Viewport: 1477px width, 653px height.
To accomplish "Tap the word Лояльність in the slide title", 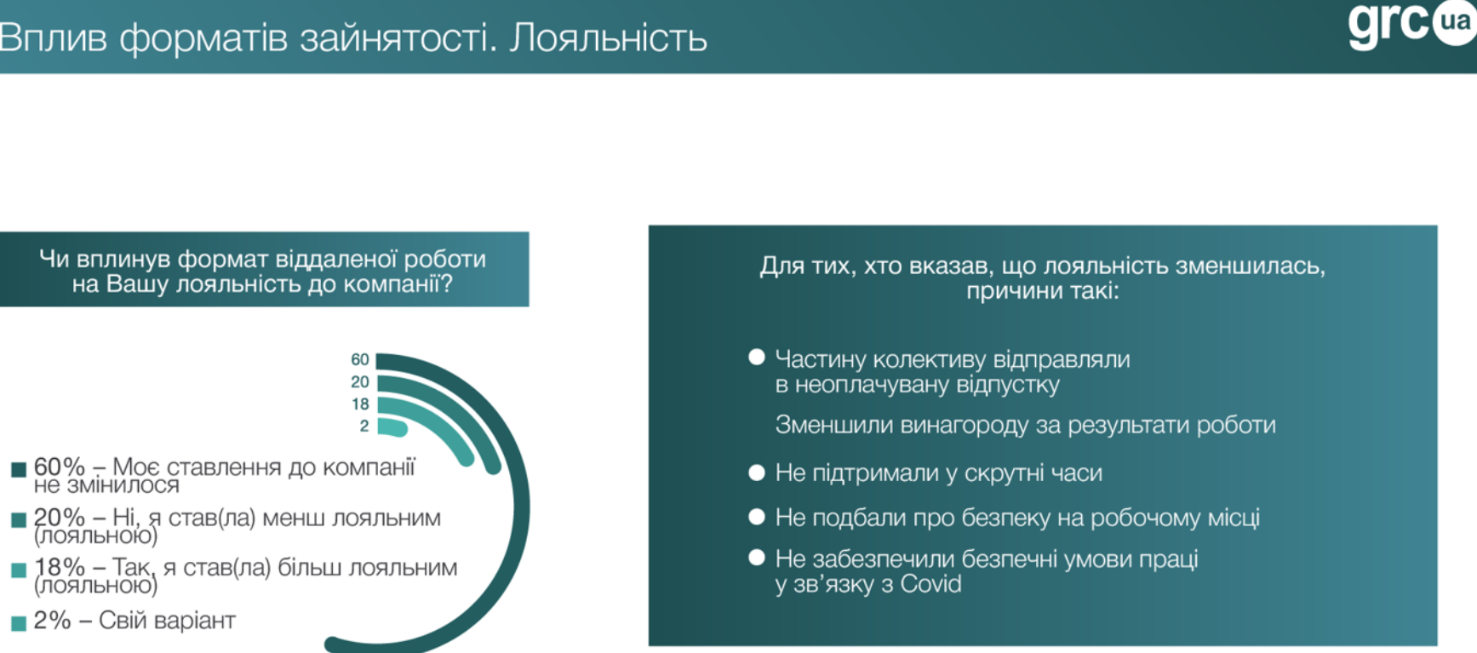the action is click(x=609, y=38).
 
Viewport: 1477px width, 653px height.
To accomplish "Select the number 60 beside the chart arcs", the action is click(x=360, y=360).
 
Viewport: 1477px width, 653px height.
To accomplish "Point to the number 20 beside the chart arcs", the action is click(x=360, y=382).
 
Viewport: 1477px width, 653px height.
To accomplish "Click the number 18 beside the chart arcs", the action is click(x=360, y=404).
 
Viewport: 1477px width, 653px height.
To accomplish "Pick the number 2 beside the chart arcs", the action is click(x=364, y=426).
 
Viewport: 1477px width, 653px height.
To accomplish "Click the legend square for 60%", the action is click(x=19, y=470).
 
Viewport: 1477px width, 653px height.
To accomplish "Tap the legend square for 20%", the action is click(x=19, y=520).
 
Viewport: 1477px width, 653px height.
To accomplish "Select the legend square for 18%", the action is click(x=19, y=570).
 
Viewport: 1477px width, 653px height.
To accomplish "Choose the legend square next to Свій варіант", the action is click(x=19, y=623).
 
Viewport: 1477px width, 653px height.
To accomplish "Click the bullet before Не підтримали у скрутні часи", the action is click(x=756, y=473).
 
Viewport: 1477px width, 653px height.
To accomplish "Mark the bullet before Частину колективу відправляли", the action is click(x=756, y=358).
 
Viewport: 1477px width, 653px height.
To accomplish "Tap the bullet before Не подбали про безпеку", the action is click(x=756, y=517).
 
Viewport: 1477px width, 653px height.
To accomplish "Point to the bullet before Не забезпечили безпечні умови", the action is click(x=756, y=558).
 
